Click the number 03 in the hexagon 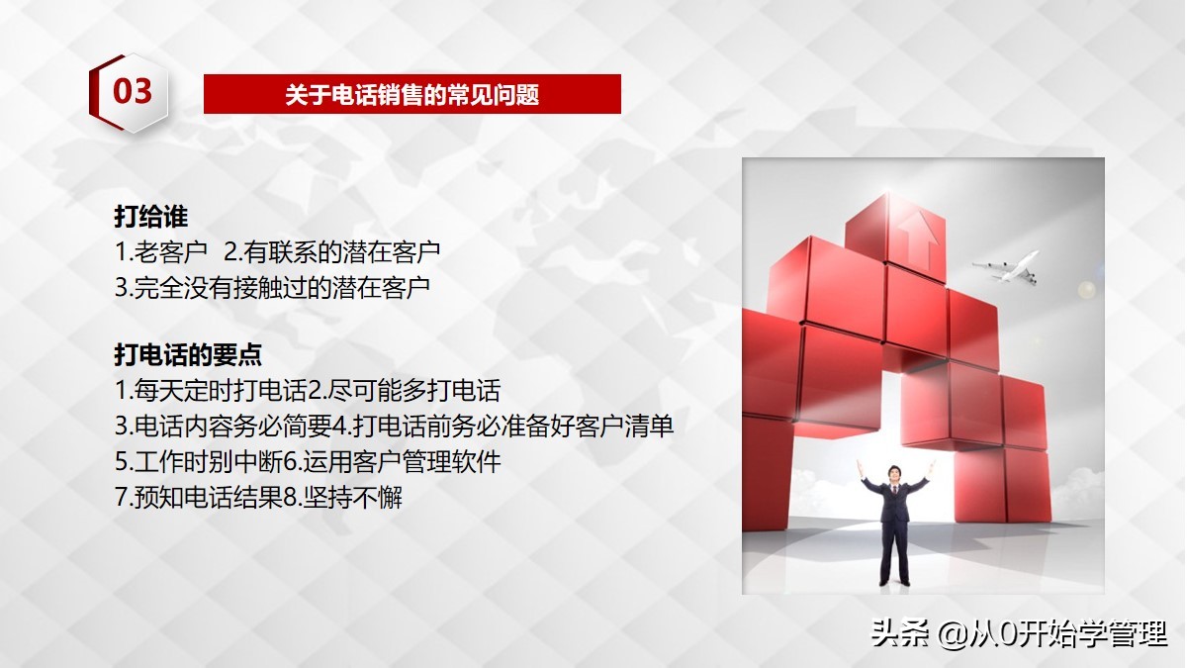(x=133, y=93)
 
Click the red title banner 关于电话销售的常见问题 (x=411, y=94)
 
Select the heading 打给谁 (x=150, y=217)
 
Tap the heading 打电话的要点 (x=188, y=354)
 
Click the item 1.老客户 (x=160, y=251)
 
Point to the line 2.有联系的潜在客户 (x=332, y=251)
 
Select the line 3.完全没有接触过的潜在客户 (x=273, y=287)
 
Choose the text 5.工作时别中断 (x=199, y=461)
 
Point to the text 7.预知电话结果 (x=199, y=497)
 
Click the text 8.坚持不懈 (x=343, y=497)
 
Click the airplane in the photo (x=1007, y=265)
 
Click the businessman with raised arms (x=894, y=529)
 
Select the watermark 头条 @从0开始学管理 (x=1019, y=633)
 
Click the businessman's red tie (x=894, y=494)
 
